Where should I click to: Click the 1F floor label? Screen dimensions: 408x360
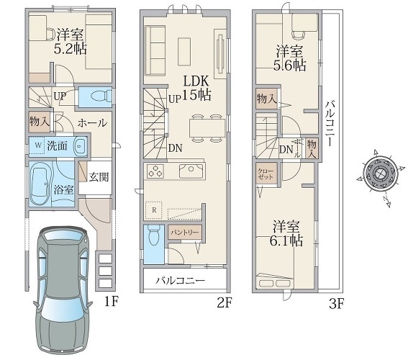112,302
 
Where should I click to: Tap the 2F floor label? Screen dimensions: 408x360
225,302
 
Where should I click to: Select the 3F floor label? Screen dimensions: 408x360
337,304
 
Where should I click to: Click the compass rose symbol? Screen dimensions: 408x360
381,173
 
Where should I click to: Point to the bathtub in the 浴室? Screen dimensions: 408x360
40,184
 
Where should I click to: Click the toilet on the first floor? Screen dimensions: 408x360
100,96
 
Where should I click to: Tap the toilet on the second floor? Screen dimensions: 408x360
153,235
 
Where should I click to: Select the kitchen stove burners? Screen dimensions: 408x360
155,171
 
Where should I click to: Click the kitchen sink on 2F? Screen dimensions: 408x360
191,171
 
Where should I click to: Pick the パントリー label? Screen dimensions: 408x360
184,232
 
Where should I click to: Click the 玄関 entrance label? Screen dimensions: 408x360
99,177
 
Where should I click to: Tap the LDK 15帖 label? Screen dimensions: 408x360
196,89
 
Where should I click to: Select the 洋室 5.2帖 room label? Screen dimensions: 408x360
71,41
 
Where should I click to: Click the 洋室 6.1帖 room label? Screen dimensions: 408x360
286,233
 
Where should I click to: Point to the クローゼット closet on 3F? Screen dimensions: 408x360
266,174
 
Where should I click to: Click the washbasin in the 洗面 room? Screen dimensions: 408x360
80,146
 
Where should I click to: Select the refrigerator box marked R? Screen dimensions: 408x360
153,210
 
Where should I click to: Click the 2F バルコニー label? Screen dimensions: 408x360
181,281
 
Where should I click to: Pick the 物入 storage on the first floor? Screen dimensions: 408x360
39,122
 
